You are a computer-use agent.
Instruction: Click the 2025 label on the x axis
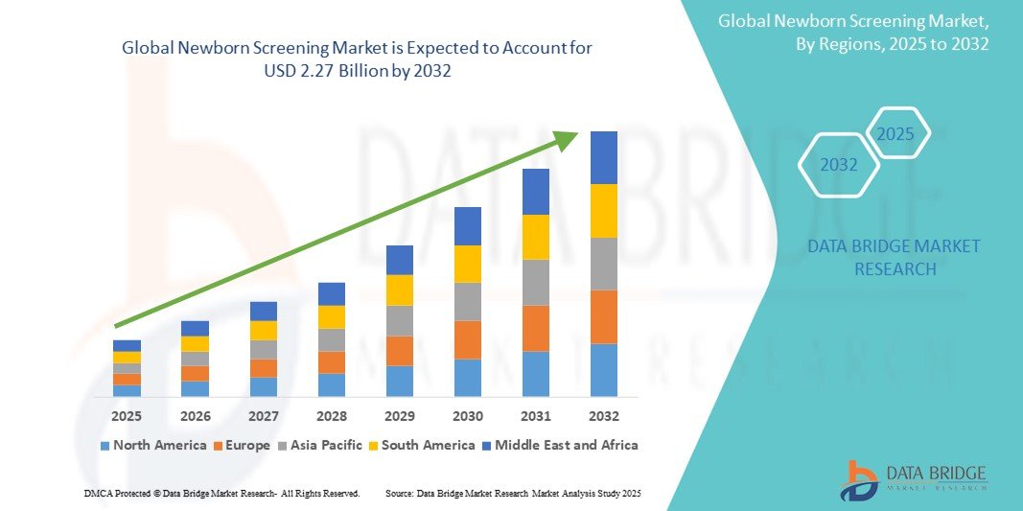pyautogui.click(x=127, y=416)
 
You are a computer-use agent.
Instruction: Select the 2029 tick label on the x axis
pyautogui.click(x=399, y=416)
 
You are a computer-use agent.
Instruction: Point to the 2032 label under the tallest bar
pyautogui.click(x=603, y=416)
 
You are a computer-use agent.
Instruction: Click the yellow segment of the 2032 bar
pyautogui.click(x=603, y=211)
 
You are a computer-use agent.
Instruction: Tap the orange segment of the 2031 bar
pyautogui.click(x=535, y=328)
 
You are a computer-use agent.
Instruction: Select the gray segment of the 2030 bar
pyautogui.click(x=467, y=301)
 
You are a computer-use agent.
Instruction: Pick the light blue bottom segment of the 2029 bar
pyautogui.click(x=399, y=381)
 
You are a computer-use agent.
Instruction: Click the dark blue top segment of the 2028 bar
pyautogui.click(x=331, y=293)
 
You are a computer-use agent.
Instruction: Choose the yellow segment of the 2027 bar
pyautogui.click(x=263, y=330)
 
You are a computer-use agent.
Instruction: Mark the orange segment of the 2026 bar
pyautogui.click(x=195, y=373)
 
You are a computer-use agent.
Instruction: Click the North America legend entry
pyautogui.click(x=152, y=445)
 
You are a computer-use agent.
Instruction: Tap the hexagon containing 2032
pyautogui.click(x=839, y=165)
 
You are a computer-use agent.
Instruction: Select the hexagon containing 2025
pyautogui.click(x=896, y=134)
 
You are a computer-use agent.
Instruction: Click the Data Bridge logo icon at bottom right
pyautogui.click(x=859, y=480)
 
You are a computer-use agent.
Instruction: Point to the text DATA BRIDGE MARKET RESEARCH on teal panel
pyautogui.click(x=894, y=258)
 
